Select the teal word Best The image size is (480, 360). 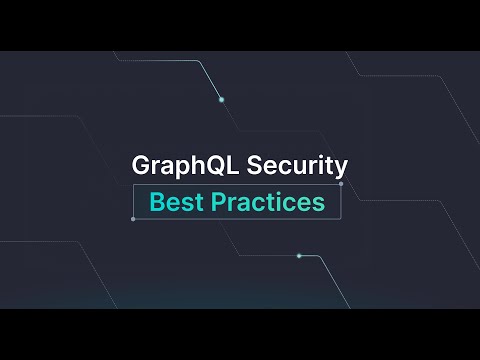(x=172, y=201)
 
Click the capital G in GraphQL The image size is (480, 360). (x=141, y=166)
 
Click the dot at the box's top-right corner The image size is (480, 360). (x=341, y=184)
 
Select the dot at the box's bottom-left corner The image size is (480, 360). (x=133, y=219)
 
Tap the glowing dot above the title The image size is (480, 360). (x=221, y=99)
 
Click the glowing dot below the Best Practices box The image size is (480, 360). (x=299, y=256)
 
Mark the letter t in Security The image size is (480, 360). (x=330, y=166)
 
